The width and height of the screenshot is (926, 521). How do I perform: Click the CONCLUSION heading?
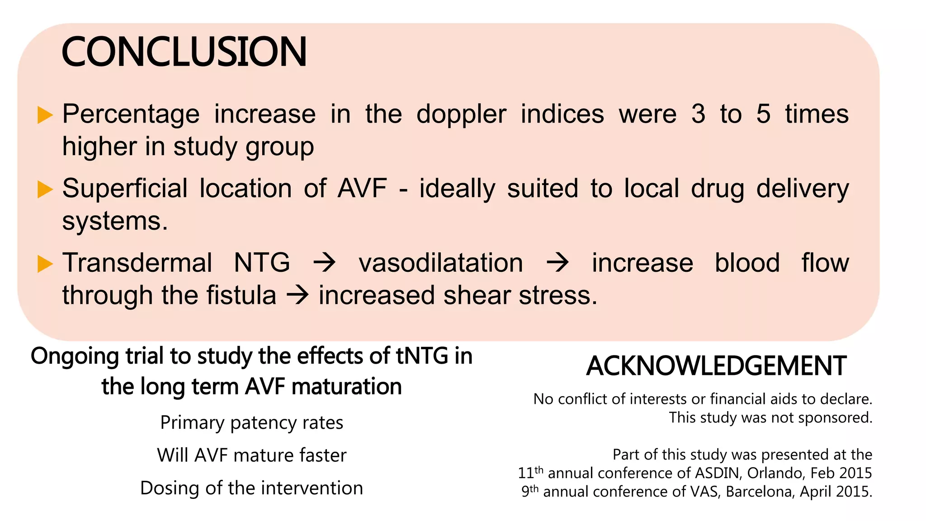tap(184, 52)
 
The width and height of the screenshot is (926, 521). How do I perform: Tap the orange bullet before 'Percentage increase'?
tap(44, 115)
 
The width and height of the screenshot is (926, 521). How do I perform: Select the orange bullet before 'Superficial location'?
tap(44, 189)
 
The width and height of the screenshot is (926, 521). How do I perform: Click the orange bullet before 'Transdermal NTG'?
tap(44, 264)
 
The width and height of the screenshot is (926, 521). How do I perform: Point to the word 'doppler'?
tap(461, 114)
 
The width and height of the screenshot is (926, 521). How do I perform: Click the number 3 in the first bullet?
tap(698, 114)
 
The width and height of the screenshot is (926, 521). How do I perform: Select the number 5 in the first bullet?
tap(763, 114)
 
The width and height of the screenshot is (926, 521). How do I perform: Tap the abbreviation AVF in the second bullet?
tap(362, 188)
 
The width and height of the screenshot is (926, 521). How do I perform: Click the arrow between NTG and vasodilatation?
tap(325, 263)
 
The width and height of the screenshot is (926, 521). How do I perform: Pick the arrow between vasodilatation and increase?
tap(557, 263)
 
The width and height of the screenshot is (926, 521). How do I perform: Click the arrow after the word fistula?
tap(298, 295)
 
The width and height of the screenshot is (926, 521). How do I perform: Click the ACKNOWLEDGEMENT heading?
tap(716, 366)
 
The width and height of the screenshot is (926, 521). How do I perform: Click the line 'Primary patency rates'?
tap(251, 422)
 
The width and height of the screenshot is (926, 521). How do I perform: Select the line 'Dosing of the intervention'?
tap(251, 488)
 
